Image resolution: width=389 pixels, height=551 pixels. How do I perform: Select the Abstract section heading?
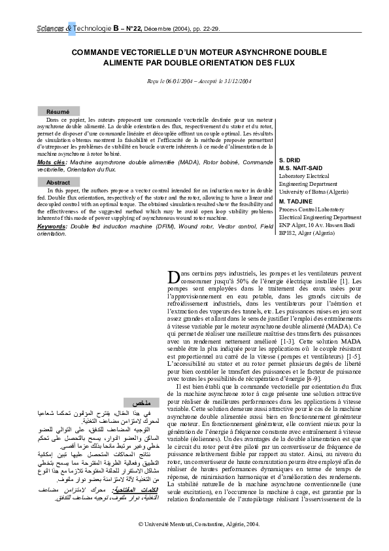[x=58, y=183]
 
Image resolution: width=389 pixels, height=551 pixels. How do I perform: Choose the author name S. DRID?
[x=290, y=161]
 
